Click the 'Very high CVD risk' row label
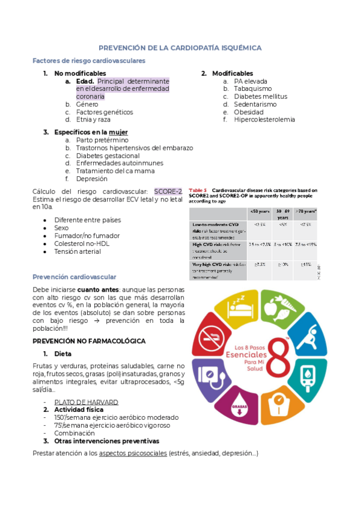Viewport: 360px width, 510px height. (210, 264)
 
